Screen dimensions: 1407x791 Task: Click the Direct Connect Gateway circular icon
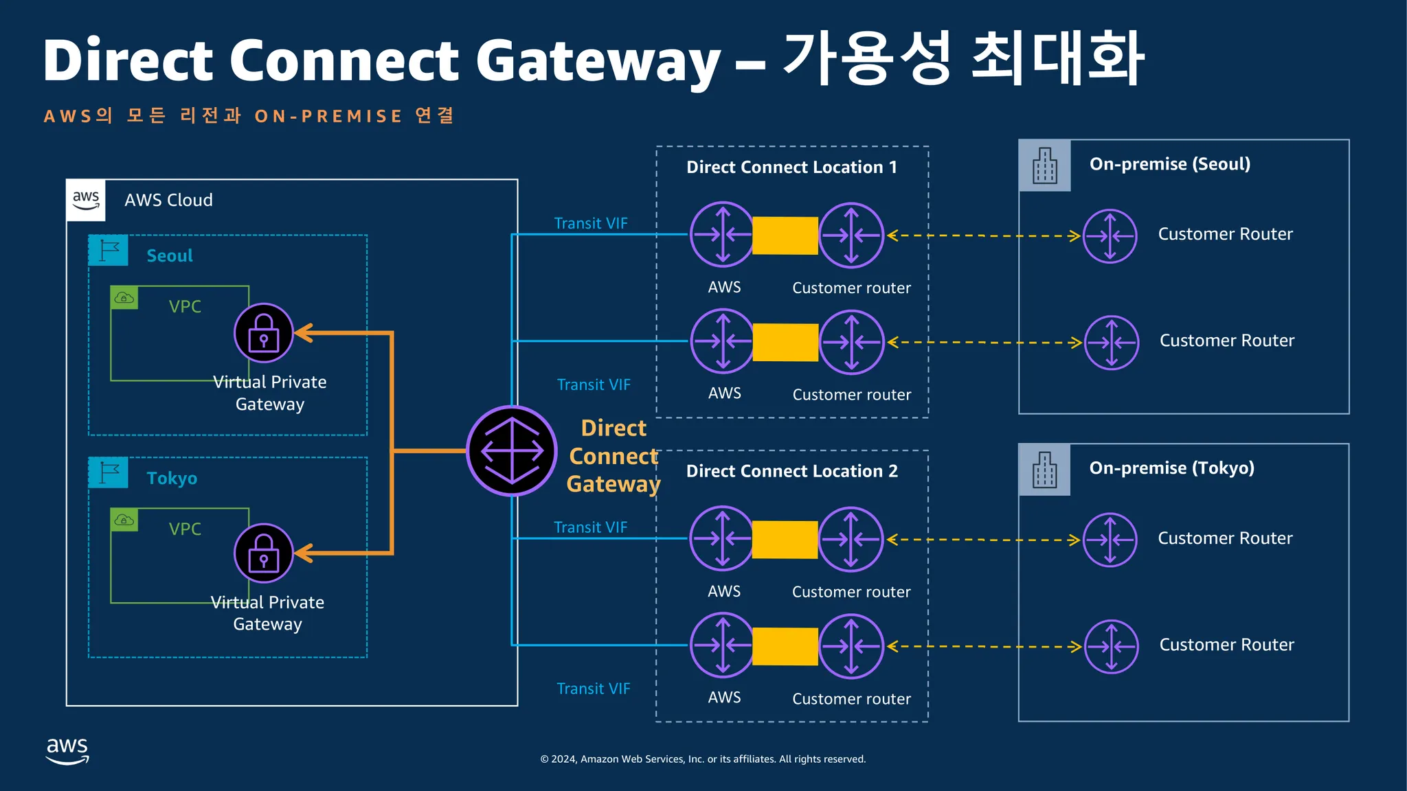[x=512, y=451]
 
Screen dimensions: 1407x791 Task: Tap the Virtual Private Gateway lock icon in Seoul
[x=264, y=333]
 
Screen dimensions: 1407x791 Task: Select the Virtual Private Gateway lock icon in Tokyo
[x=264, y=553]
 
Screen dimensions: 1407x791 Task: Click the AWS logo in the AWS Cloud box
[x=86, y=200]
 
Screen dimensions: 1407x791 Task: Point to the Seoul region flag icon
[x=109, y=251]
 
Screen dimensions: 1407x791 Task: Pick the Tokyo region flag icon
[x=109, y=473]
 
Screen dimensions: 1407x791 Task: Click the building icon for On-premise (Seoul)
[x=1045, y=165]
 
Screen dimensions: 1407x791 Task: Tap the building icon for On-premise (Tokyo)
[x=1045, y=470]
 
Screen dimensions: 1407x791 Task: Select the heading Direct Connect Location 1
[x=791, y=168]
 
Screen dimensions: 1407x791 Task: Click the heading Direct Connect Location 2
[x=792, y=472]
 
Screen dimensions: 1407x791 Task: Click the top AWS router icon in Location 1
[x=723, y=235]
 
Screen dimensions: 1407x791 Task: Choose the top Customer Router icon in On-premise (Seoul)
[x=1110, y=236]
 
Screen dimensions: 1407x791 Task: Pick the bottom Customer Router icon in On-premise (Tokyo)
[x=1112, y=647]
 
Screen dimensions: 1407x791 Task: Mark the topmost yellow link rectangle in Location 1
[x=785, y=236]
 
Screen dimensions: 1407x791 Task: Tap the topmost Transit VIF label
[x=591, y=223]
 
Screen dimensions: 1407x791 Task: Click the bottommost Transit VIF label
[x=594, y=689]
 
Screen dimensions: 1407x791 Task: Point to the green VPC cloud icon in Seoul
[x=124, y=298]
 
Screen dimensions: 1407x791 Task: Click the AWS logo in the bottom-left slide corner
[x=67, y=751]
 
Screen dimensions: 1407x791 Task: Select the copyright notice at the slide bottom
[x=703, y=759]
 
